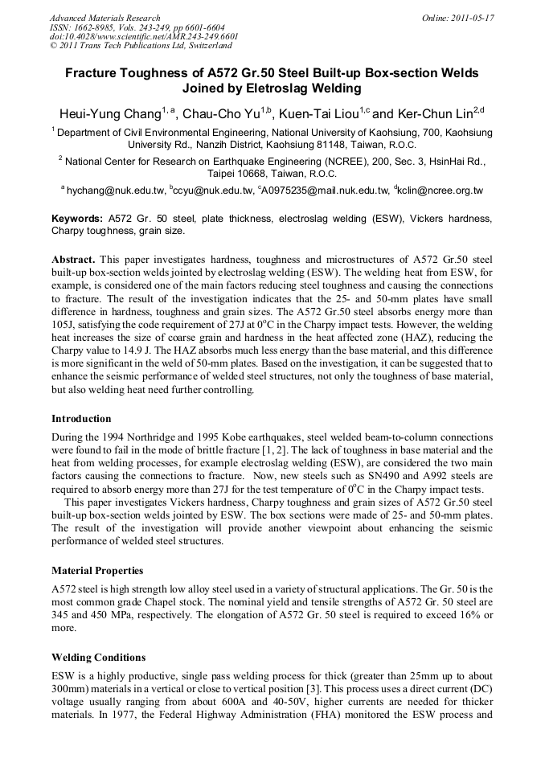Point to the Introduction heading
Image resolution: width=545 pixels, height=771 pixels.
(x=81, y=419)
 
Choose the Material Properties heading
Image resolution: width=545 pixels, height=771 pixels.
(x=97, y=571)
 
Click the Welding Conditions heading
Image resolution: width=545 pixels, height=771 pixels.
(x=99, y=657)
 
